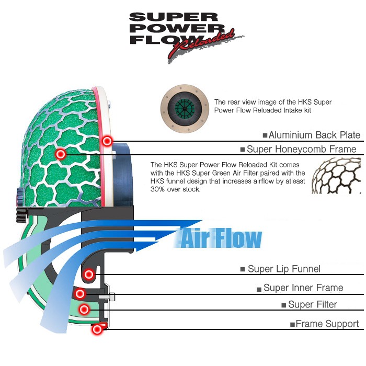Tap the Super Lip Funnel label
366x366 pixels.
(284, 269)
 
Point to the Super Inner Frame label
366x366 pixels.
(303, 288)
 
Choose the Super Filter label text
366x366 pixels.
(313, 304)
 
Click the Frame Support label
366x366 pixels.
(327, 324)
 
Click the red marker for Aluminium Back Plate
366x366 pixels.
(107, 141)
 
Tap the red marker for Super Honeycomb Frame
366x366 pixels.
(61, 154)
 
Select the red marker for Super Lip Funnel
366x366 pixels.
(89, 273)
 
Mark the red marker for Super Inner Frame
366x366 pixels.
(79, 293)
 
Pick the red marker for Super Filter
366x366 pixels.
(83, 310)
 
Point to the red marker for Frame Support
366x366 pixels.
(97, 329)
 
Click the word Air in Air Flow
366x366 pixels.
(195, 239)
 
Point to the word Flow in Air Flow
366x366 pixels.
(236, 239)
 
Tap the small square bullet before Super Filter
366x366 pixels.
(284, 305)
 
